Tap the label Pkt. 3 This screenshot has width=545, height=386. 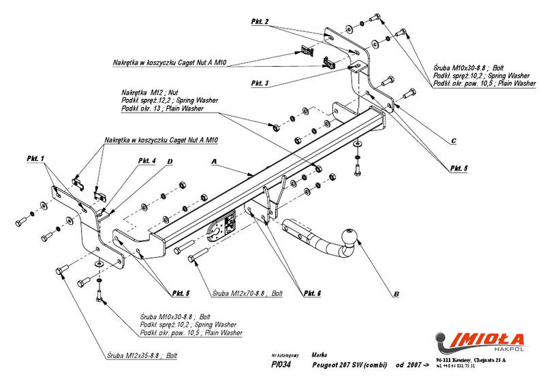point(259,83)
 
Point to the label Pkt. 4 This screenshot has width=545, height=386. point(146,160)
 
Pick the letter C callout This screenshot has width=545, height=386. point(452,142)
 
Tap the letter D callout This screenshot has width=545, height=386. point(170,161)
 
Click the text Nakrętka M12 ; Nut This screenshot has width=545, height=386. point(149,91)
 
